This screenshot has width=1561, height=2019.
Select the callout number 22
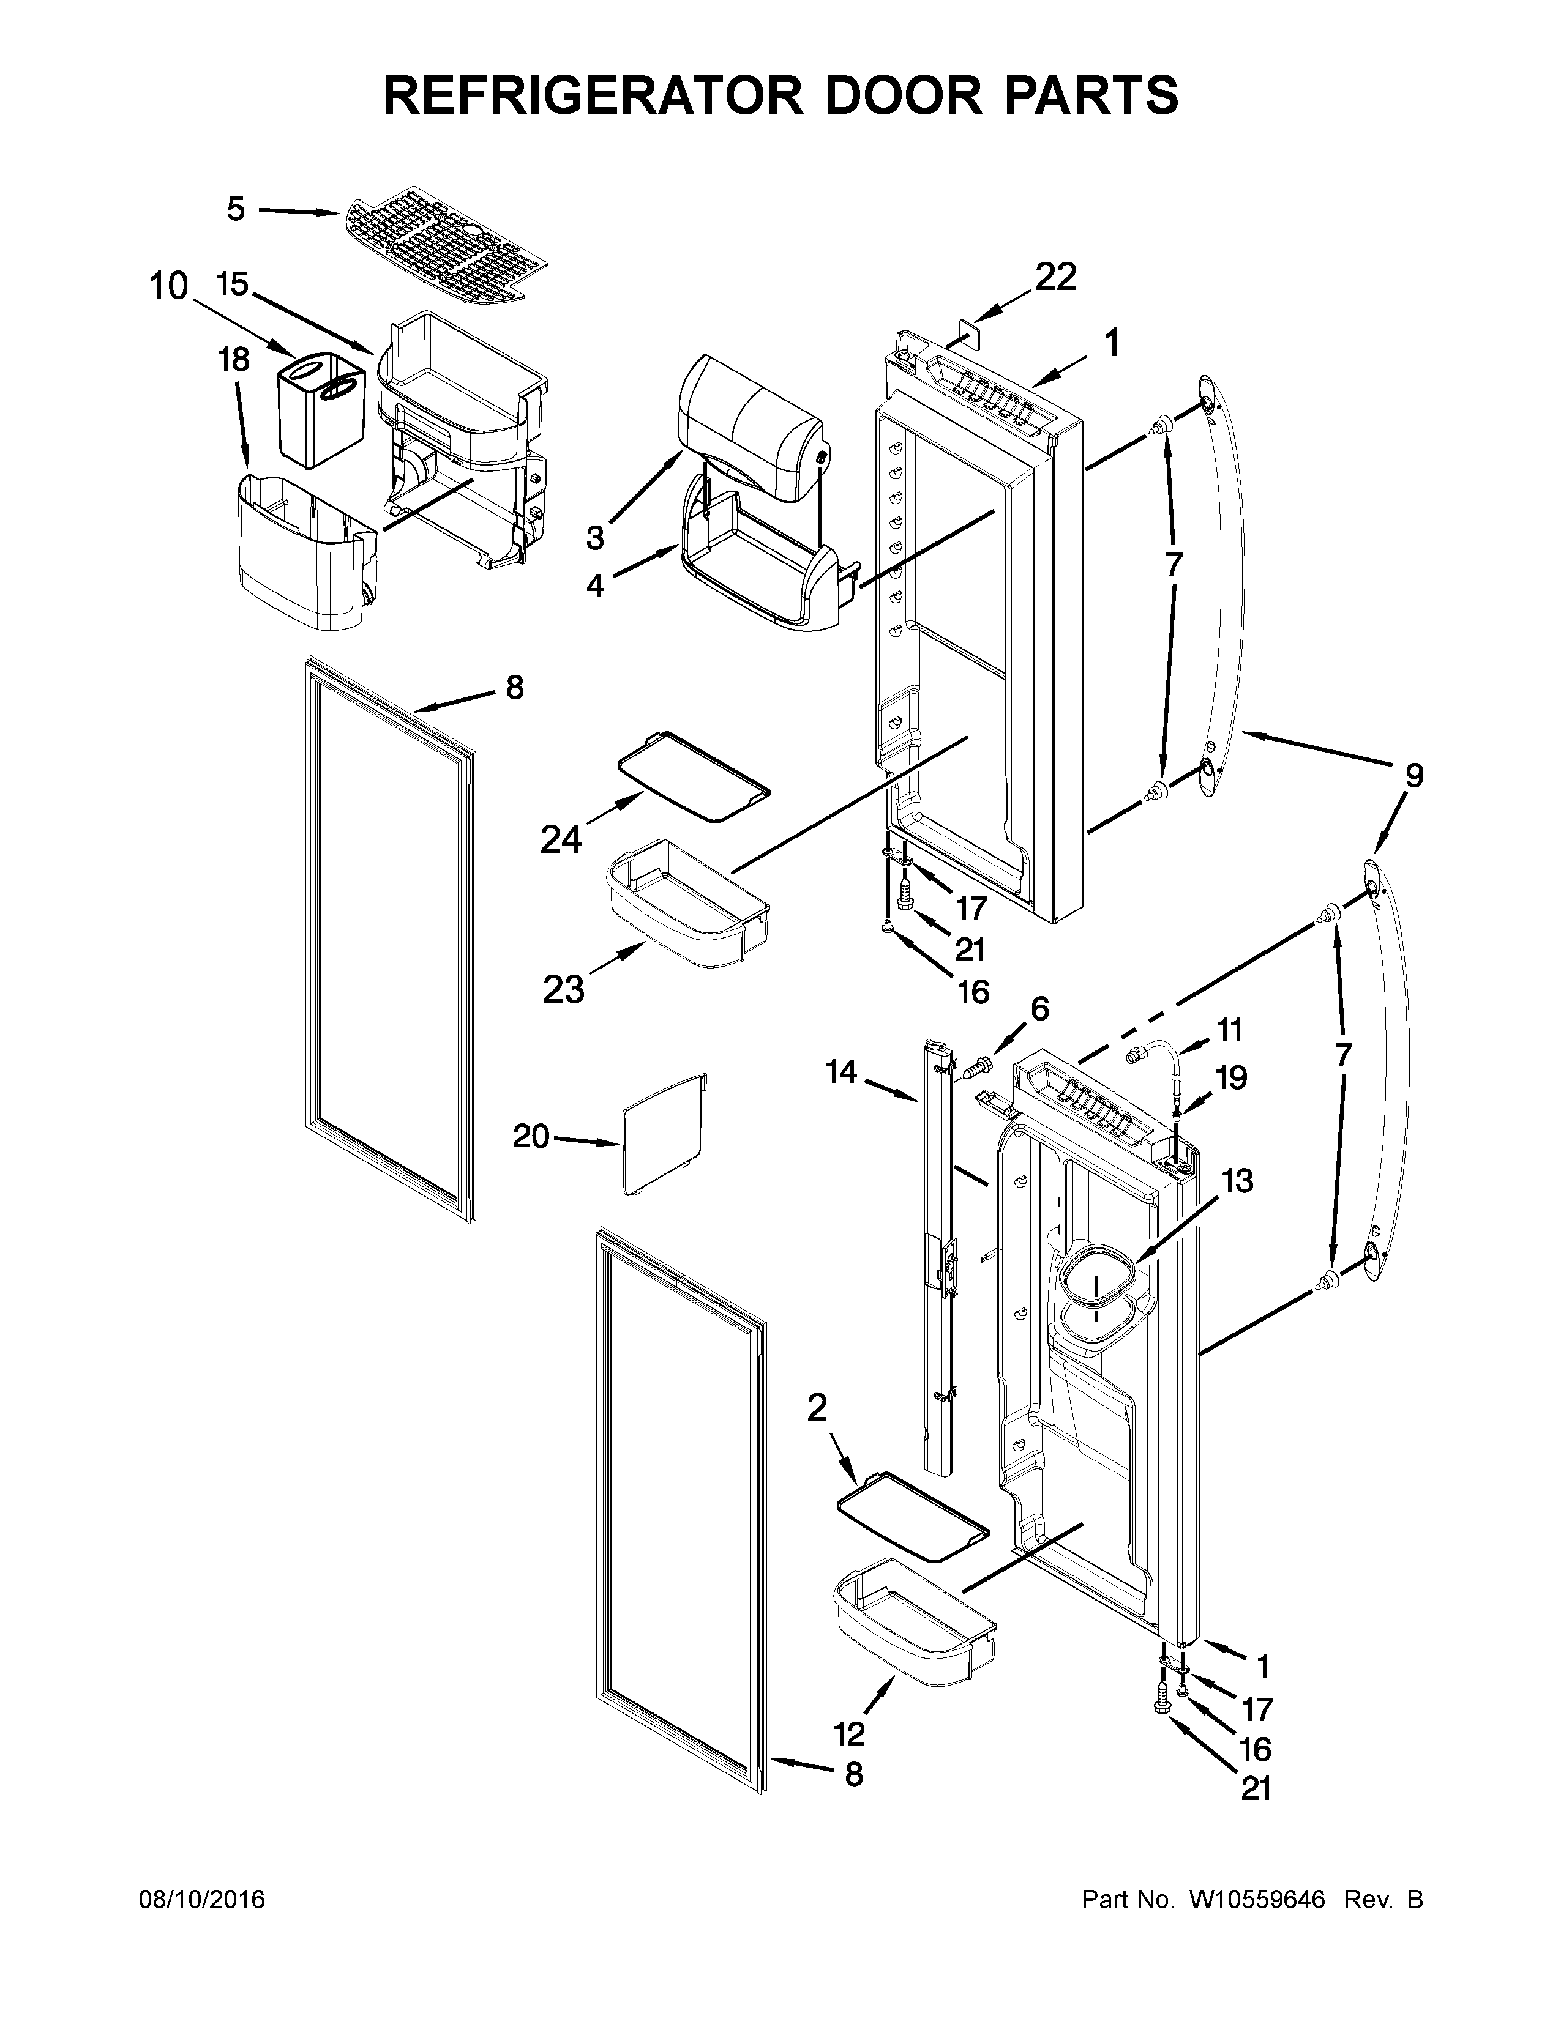[1055, 277]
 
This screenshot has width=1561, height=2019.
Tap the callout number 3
[594, 536]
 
